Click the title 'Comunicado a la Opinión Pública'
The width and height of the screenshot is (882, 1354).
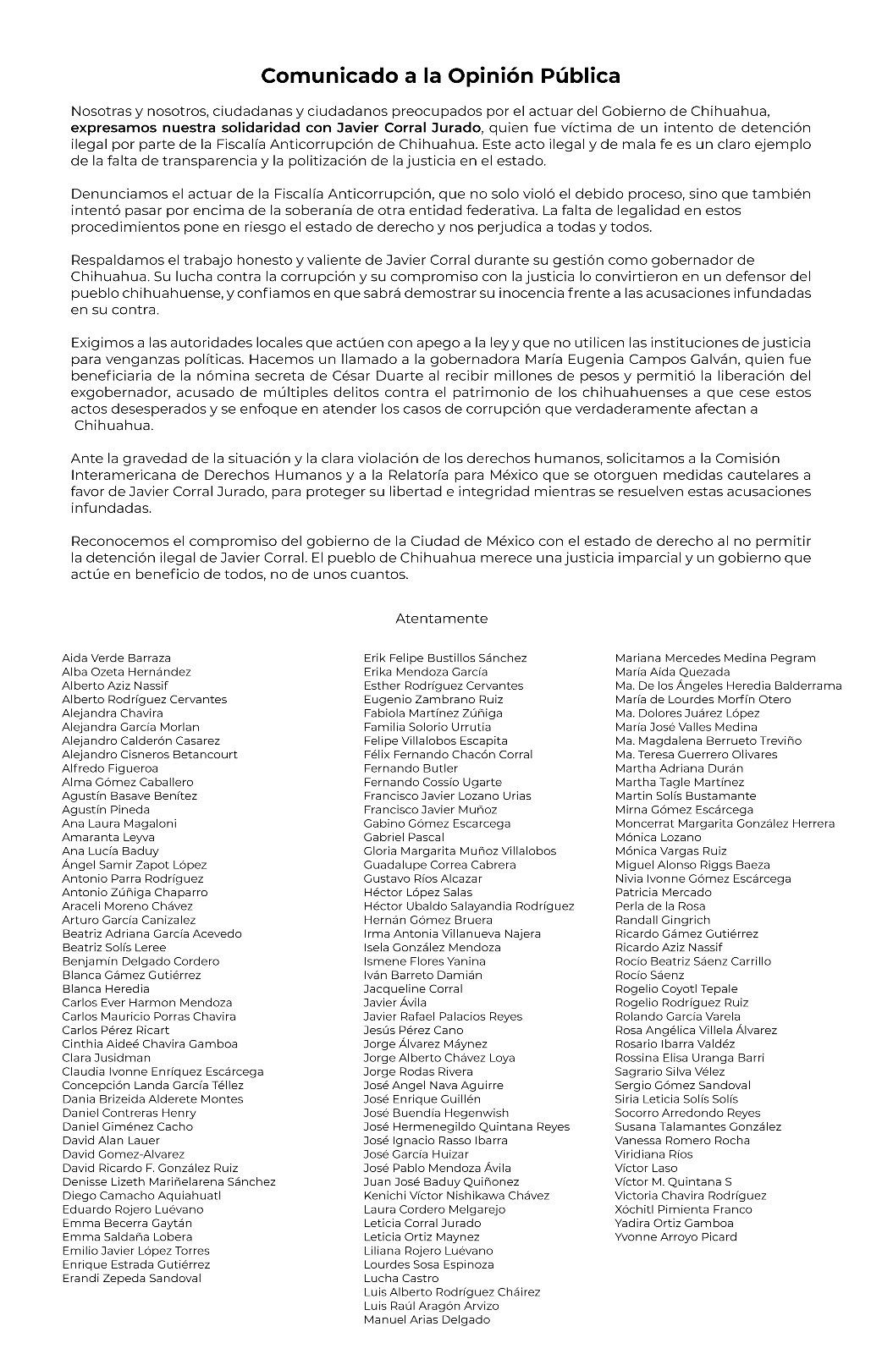coord(440,76)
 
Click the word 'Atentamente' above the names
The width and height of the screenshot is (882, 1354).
coord(441,619)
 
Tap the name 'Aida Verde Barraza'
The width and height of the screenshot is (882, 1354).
coord(116,658)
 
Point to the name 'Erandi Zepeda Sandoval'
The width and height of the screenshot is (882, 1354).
coord(131,1279)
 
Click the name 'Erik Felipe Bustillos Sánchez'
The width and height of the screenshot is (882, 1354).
coord(445,658)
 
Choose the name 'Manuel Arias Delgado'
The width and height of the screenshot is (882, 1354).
coord(427,1320)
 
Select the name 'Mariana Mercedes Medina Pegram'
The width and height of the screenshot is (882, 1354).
coord(715,658)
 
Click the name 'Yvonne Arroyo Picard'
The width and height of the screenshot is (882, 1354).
coord(675,1237)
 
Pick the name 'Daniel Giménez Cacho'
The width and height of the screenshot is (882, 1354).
coord(127,1127)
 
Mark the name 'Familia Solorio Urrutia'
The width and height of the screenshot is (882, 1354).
coord(427,727)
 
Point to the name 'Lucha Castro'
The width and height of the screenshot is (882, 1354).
coord(401,1279)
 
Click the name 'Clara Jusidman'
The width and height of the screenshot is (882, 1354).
coord(106,1058)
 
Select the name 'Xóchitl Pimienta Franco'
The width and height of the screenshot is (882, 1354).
coord(683,1210)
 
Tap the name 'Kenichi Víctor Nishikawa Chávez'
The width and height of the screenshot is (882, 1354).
coord(456,1196)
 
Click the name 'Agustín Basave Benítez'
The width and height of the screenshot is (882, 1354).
coord(129,796)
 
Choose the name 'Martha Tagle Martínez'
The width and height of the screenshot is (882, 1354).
coord(680,783)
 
